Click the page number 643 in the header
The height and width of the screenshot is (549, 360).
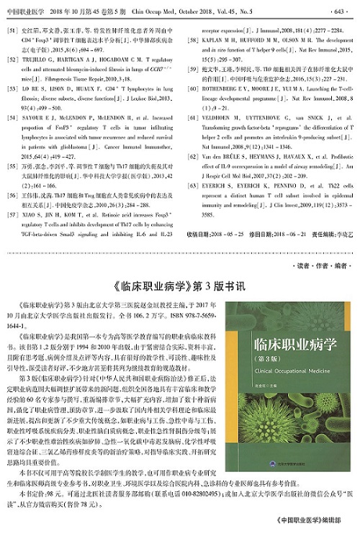tap(339, 12)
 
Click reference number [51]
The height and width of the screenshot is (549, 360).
tap(12, 31)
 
